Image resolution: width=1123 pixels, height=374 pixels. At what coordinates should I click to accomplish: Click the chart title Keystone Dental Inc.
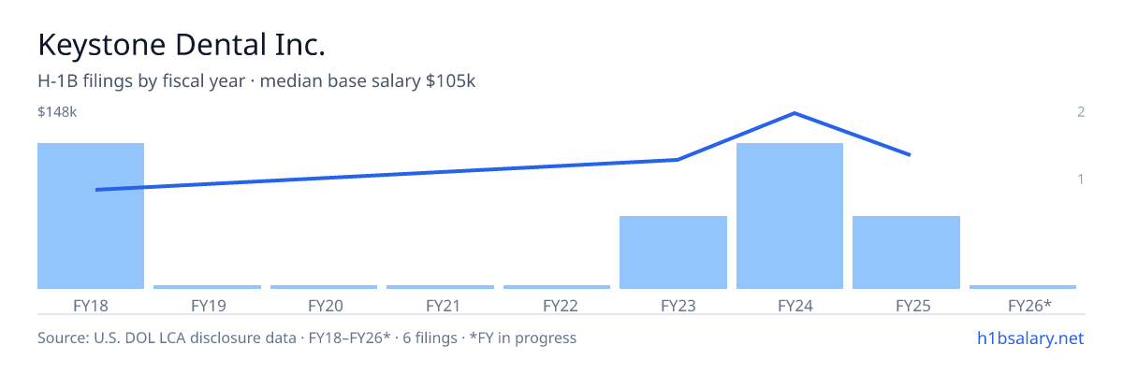pos(182,45)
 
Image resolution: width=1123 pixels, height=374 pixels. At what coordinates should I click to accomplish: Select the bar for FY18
pos(91,216)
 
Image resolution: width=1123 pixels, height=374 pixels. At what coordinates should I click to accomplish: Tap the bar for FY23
pos(673,252)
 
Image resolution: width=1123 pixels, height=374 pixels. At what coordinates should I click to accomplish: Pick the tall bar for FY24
pos(790,216)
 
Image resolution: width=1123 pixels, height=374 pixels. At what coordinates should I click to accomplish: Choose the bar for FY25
pos(907,252)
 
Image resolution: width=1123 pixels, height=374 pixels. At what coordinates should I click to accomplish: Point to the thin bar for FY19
pos(207,287)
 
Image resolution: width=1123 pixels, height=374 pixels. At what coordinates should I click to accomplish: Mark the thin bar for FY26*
pos(1023,287)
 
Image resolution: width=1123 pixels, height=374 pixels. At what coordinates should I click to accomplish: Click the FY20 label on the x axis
pos(326,306)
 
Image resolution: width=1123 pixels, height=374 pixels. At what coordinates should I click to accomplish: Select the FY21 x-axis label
pos(444,306)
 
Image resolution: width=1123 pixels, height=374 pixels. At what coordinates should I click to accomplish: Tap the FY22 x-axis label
pos(561,306)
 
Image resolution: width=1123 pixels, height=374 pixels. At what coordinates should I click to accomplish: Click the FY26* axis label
pos(1029,306)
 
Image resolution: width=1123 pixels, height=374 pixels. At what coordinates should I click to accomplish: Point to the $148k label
pos(57,111)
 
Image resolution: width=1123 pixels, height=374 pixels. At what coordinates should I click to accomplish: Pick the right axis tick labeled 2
pos(1081,111)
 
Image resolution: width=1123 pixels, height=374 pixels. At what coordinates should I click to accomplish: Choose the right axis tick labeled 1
pos(1081,179)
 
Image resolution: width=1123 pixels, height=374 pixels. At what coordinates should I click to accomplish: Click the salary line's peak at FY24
pos(795,113)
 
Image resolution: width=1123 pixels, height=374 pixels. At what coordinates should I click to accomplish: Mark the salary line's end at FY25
pos(910,155)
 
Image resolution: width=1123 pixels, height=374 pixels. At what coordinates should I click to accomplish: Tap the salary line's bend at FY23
pos(678,160)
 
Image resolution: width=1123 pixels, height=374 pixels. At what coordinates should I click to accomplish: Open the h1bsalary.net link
pos(1030,338)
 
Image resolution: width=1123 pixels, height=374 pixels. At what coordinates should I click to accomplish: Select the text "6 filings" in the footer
pos(430,338)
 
